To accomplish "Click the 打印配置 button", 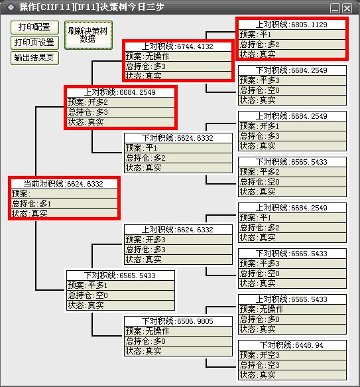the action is pyautogui.click(x=34, y=27).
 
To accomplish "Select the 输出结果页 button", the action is pyautogui.click(x=34, y=58).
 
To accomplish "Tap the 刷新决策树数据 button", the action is pyautogui.click(x=88, y=35).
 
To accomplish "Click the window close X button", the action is pyautogui.click(x=347, y=9).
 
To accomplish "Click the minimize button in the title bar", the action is pyautogui.click(x=335, y=9).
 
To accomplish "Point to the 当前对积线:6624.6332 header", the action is pyautogui.click(x=64, y=184).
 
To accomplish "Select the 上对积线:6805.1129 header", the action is pyautogui.click(x=292, y=25).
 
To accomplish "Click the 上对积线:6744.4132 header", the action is pyautogui.click(x=178, y=46).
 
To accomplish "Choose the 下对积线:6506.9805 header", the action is pyautogui.click(x=178, y=321).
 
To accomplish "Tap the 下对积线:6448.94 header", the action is pyautogui.click(x=292, y=345).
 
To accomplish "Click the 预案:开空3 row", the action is pyautogui.click(x=292, y=355).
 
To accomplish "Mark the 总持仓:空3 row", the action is pyautogui.click(x=292, y=365).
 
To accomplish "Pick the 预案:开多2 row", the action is pyautogui.click(x=121, y=102).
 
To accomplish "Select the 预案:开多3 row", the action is pyautogui.click(x=178, y=240).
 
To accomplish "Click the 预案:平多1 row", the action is pyautogui.click(x=121, y=285).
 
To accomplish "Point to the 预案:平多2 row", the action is pyautogui.click(x=292, y=172).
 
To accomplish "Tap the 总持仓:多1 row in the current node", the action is pyautogui.click(x=64, y=204).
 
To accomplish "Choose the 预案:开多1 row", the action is pyautogui.click(x=292, y=126).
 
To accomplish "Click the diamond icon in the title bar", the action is pyautogui.click(x=11, y=7).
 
